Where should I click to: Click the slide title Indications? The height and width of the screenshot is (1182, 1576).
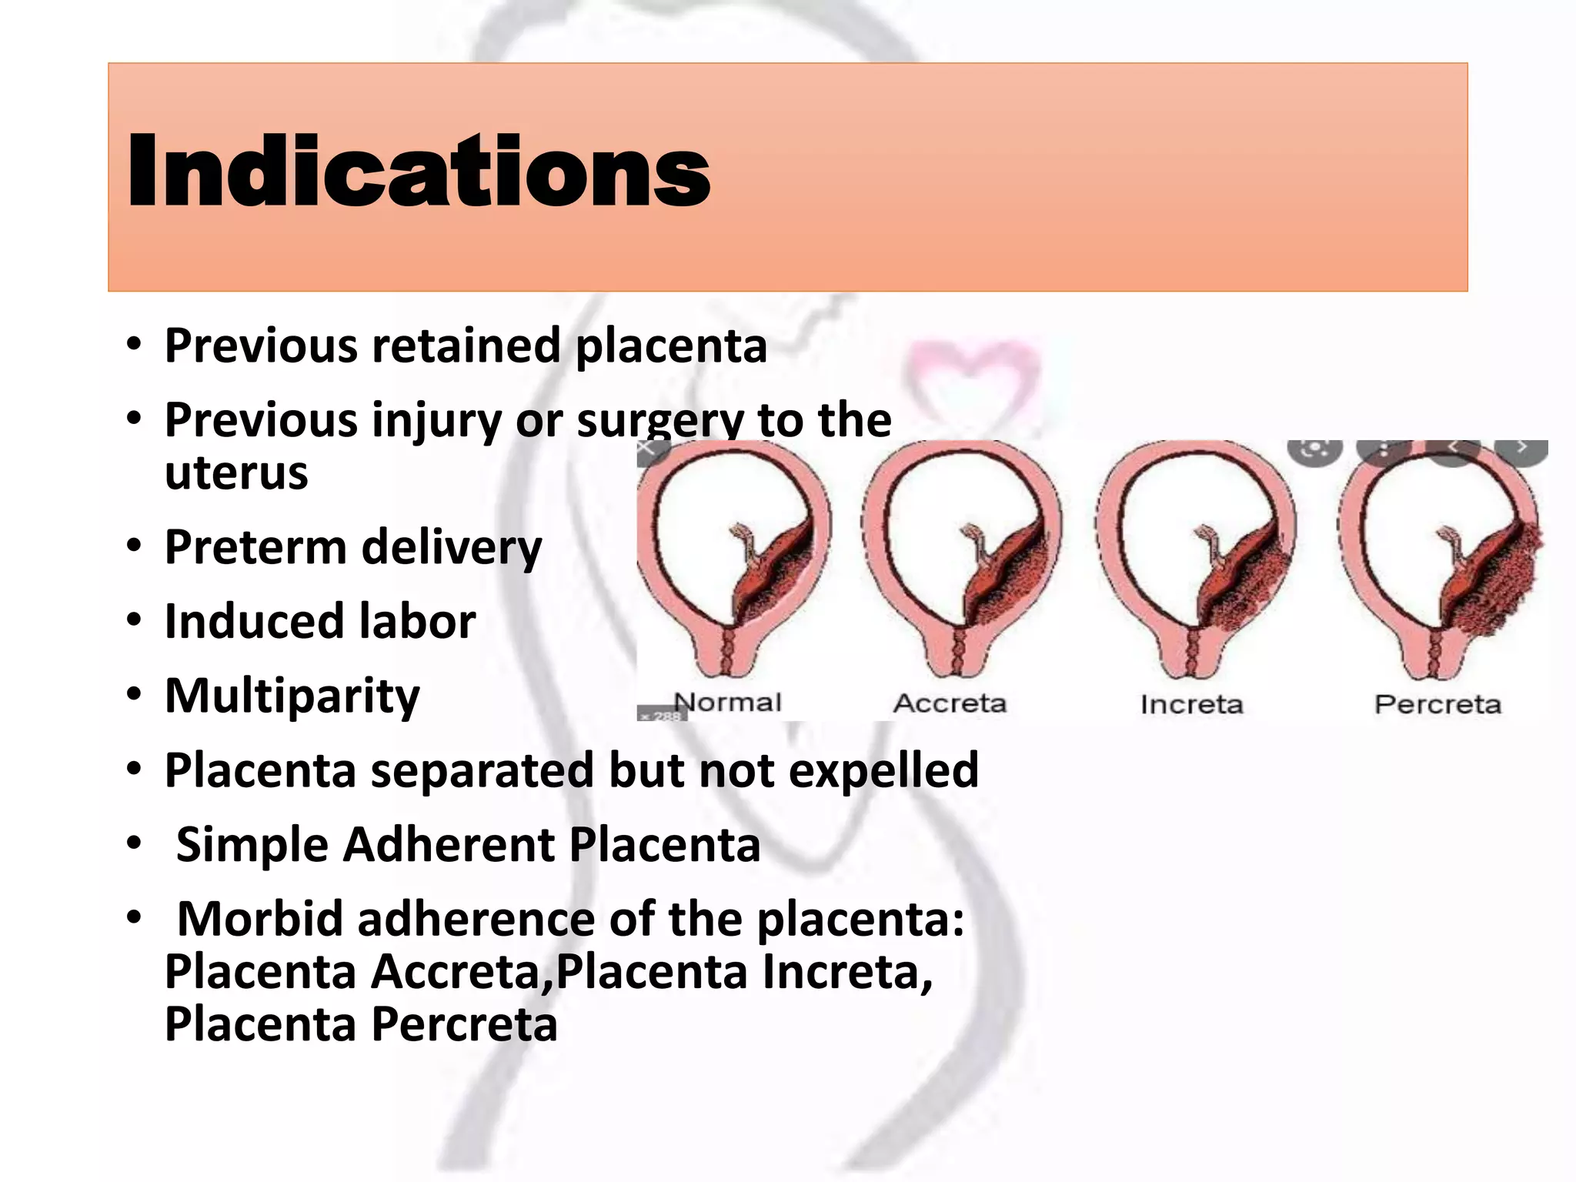pos(419,171)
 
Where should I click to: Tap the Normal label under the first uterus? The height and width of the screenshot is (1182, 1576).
pos(727,702)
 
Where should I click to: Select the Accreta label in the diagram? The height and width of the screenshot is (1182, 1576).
pos(950,703)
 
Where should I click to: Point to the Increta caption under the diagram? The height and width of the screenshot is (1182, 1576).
pos(1191,704)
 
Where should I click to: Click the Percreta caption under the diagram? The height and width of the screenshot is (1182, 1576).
pos(1437,704)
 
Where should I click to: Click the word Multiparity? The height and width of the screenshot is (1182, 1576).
pos(292,696)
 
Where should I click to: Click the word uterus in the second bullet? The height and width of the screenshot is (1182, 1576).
pos(236,472)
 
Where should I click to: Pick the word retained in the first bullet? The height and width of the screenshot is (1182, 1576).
pos(466,346)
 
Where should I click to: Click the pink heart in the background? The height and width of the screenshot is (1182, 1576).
pos(972,377)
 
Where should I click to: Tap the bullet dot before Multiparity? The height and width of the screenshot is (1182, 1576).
pos(135,695)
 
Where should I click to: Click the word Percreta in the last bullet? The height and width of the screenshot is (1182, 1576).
pos(465,1024)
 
